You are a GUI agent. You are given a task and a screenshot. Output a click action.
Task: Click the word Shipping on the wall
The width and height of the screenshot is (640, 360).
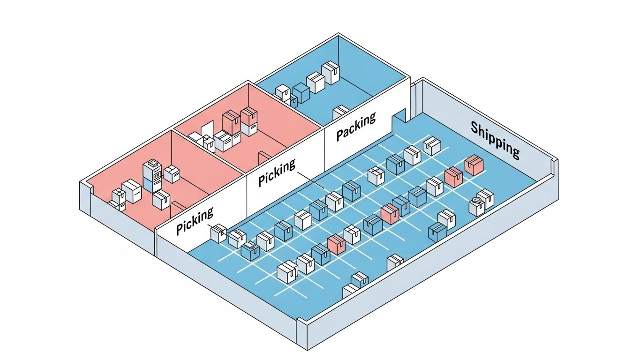(x=495, y=139)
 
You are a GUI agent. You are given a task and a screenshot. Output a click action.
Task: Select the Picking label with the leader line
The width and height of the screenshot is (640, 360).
(x=277, y=172)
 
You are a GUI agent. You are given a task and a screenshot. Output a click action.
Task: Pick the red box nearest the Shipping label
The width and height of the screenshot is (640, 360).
(x=474, y=166)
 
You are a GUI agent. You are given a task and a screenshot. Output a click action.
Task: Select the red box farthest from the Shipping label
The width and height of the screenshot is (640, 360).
(x=336, y=244)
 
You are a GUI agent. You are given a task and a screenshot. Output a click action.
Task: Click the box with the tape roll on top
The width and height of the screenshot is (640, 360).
(x=477, y=206)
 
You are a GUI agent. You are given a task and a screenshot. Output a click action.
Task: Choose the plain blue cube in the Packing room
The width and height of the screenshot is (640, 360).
(x=301, y=93)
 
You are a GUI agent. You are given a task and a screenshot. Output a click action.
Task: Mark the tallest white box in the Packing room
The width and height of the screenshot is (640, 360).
(x=331, y=73)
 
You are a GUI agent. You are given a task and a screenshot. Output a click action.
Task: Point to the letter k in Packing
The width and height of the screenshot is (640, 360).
(x=361, y=123)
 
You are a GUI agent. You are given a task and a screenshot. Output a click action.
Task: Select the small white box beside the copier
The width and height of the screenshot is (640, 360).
(x=172, y=173)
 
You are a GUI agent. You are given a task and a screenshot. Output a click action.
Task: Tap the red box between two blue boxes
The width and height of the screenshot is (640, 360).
(x=390, y=213)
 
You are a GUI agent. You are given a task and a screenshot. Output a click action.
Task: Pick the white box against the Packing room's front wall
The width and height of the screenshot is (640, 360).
(x=340, y=112)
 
